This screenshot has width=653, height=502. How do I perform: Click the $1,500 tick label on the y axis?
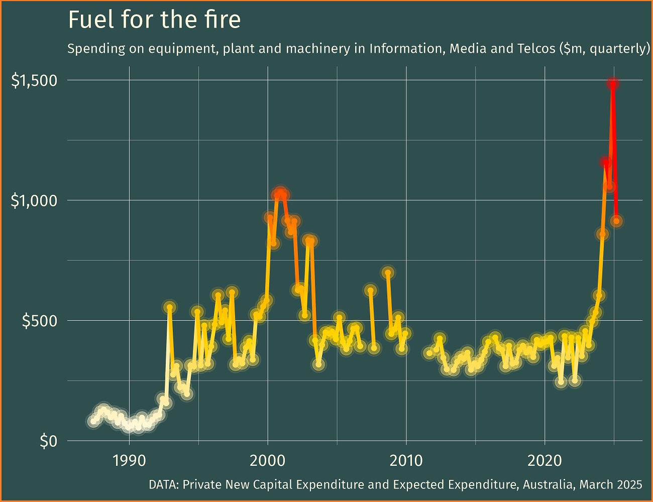tap(34, 80)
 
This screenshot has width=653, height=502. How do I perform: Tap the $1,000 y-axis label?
tap(34, 200)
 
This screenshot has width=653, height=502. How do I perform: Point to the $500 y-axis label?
tap(40, 321)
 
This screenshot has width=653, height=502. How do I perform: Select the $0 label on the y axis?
tap(48, 441)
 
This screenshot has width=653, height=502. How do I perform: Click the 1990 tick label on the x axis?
tap(129, 460)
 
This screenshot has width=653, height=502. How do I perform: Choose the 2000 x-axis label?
tap(268, 460)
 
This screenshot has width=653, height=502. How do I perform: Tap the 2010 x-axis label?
tap(406, 460)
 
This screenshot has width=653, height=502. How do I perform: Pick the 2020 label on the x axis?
tap(545, 460)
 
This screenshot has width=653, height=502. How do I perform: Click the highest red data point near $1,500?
tap(613, 83)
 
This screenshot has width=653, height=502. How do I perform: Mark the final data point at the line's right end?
tap(617, 221)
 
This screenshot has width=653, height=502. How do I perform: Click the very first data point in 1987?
tap(93, 421)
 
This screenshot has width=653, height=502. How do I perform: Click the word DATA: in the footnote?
tap(164, 484)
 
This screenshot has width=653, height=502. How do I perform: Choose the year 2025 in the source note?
tap(630, 484)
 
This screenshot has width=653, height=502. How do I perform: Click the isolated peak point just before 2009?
tap(387, 273)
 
